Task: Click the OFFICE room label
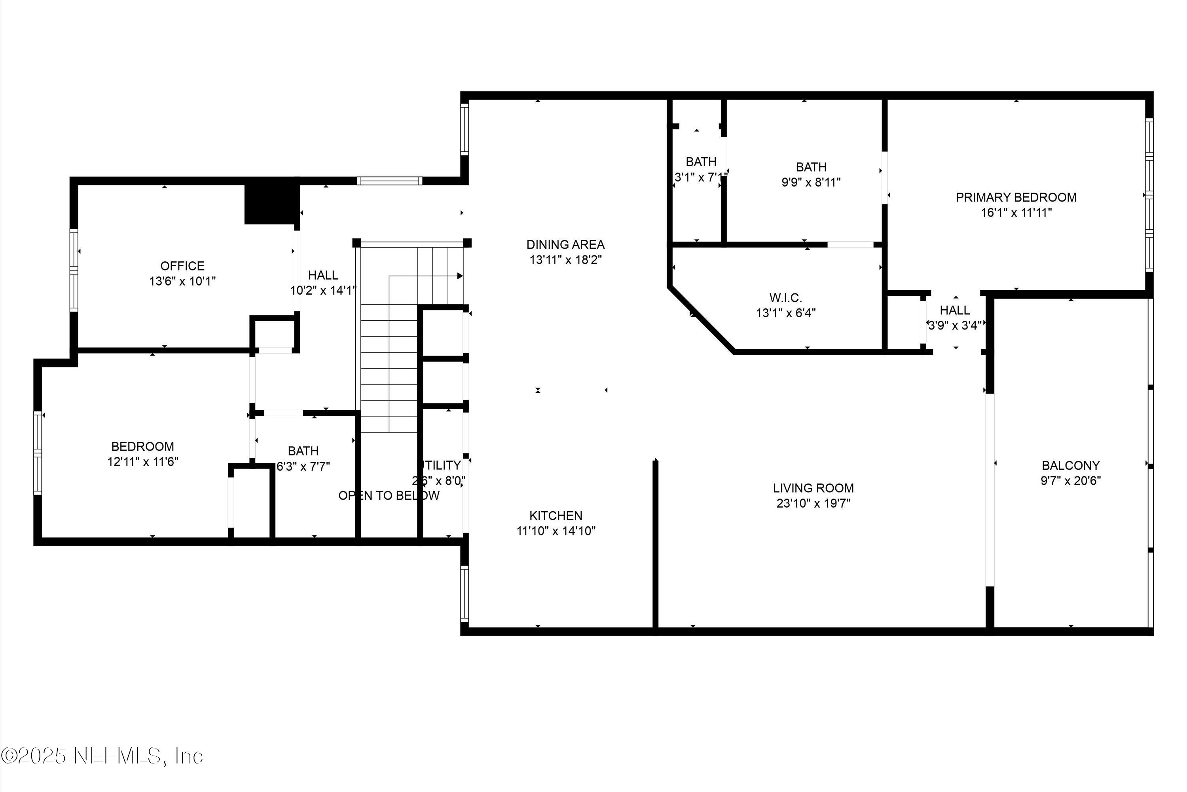(182, 266)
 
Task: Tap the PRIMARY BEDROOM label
(1016, 198)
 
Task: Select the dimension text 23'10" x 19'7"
(813, 503)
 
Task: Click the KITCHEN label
(556, 515)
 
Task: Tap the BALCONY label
(1070, 465)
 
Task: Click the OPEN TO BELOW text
(389, 495)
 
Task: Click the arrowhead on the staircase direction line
(460, 276)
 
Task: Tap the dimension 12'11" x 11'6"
(142, 462)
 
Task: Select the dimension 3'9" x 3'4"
(954, 325)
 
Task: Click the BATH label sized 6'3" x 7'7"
(303, 451)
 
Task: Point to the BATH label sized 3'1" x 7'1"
(700, 162)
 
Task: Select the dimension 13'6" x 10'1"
(182, 281)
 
